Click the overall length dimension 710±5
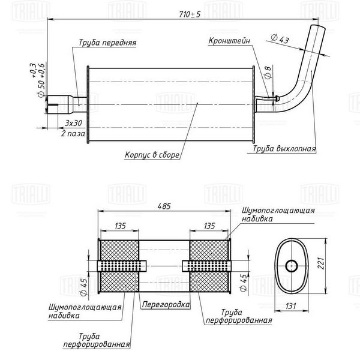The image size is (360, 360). point(190,14)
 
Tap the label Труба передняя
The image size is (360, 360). point(107,43)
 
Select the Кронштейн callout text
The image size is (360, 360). point(229,41)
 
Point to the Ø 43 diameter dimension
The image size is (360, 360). point(280,38)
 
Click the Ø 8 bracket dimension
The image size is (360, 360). point(268,73)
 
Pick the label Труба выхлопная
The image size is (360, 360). point(284,149)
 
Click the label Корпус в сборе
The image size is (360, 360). point(152,155)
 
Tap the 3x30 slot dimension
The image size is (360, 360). point(73,123)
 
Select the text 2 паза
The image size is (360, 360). point(73,133)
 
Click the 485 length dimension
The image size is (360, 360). point(164,206)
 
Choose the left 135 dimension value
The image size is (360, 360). point(120,226)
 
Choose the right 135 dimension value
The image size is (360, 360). point(209,226)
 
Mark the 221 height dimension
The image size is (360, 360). point(321,263)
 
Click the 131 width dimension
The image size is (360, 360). point(290,306)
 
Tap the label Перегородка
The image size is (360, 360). point(166,305)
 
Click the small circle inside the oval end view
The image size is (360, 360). point(292,266)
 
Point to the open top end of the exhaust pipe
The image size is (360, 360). point(318,26)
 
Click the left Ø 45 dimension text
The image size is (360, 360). point(83,287)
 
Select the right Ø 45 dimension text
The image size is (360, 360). point(244,283)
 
